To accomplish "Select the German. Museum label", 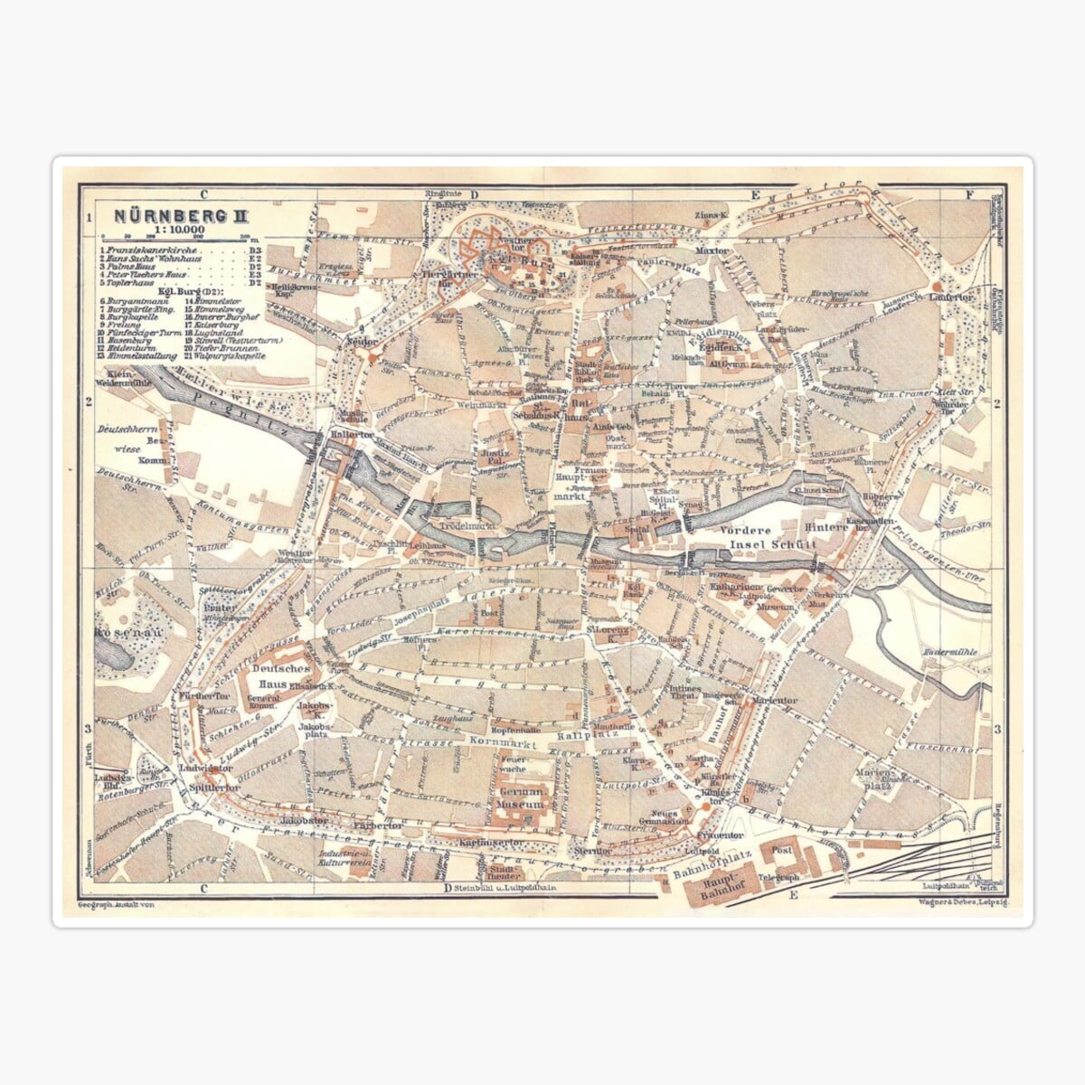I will point(521,797).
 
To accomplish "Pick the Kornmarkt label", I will point(503,741).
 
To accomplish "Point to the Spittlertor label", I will point(209,787).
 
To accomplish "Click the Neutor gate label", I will point(362,341).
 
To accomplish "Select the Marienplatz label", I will point(875,778).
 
